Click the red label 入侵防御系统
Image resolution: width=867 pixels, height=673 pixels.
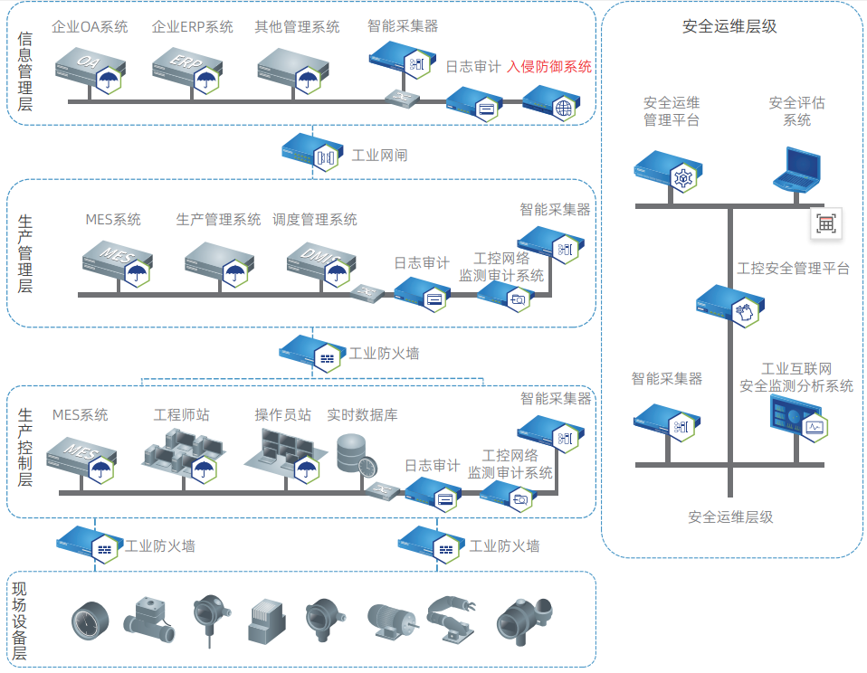pyautogui.click(x=549, y=66)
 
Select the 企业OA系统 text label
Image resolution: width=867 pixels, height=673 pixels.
pyautogui.click(x=90, y=27)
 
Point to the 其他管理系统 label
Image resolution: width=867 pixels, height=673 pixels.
pyautogui.click(x=297, y=27)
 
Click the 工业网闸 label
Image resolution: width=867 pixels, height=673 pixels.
pyautogui.click(x=379, y=156)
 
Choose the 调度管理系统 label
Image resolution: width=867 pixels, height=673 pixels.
pyautogui.click(x=315, y=220)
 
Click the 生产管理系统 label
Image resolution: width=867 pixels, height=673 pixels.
pyautogui.click(x=218, y=220)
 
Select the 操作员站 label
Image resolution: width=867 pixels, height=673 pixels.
pyautogui.click(x=282, y=415)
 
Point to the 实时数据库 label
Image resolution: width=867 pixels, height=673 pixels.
pyautogui.click(x=362, y=415)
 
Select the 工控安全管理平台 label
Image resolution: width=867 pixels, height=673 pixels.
pyautogui.click(x=793, y=269)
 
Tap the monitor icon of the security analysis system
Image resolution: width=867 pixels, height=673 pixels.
pyautogui.click(x=794, y=422)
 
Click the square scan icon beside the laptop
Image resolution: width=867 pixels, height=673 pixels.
pyautogui.click(x=825, y=223)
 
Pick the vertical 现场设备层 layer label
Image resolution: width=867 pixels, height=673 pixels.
pyautogui.click(x=19, y=621)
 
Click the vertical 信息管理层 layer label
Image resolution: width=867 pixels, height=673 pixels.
pyautogui.click(x=24, y=71)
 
